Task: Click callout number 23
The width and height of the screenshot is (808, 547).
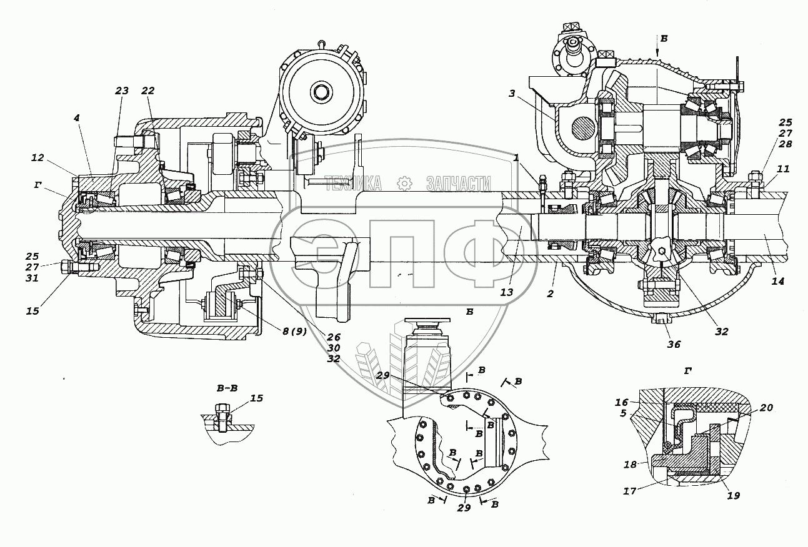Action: (x=122, y=90)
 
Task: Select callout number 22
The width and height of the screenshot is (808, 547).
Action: (x=147, y=90)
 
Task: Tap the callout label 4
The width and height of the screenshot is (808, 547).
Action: (x=76, y=118)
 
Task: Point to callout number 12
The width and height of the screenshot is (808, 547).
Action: (x=37, y=157)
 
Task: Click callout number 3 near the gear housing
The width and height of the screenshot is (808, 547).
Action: (x=512, y=94)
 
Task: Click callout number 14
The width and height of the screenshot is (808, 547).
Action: (x=777, y=281)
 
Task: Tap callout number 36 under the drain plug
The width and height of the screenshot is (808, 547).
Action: (x=674, y=344)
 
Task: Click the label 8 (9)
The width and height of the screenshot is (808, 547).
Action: (x=294, y=331)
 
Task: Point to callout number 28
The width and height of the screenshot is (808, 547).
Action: (x=786, y=144)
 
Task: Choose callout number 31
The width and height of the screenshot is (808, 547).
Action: (x=32, y=278)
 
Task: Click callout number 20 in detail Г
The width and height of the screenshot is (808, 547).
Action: (x=767, y=407)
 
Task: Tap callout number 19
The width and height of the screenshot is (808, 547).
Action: (x=734, y=495)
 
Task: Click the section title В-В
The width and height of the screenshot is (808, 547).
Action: (x=227, y=388)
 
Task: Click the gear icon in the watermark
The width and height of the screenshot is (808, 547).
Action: (x=404, y=184)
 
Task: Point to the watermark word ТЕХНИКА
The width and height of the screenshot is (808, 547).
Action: (x=354, y=184)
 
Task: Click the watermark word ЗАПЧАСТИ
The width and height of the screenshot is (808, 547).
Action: (x=458, y=184)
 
